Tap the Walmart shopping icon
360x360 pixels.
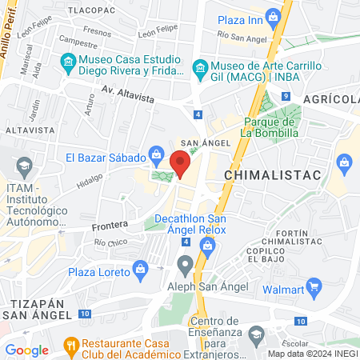coord(314,286)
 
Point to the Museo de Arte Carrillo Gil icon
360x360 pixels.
coord(200,66)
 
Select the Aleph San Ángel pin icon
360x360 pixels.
coord(186,263)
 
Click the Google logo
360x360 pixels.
coord(27,350)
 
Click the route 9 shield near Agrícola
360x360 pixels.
coord(285,97)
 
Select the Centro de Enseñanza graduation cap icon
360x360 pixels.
coord(256,334)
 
